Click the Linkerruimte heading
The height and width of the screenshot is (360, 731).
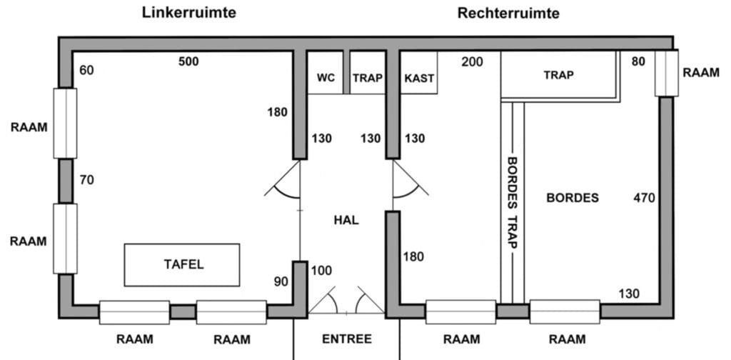189,12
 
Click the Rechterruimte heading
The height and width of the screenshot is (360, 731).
508,12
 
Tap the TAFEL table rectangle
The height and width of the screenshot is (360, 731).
182,264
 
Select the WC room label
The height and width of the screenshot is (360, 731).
326,78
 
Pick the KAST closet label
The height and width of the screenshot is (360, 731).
419,78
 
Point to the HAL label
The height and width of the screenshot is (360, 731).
346,220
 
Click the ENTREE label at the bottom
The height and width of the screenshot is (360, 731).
347,339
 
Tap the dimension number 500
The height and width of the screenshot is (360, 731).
188,61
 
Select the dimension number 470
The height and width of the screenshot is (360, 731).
644,198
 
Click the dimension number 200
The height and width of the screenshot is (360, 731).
472,62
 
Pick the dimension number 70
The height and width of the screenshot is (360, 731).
86,180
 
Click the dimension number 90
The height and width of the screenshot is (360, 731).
281,281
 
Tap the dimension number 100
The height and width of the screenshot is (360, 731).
322,271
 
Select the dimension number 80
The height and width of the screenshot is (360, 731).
638,62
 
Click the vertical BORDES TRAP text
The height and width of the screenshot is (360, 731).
511,202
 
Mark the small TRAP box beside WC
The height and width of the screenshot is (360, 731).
368,78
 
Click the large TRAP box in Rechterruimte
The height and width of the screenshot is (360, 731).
559,74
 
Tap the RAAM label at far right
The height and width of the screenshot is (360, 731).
701,73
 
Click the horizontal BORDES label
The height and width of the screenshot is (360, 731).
573,198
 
